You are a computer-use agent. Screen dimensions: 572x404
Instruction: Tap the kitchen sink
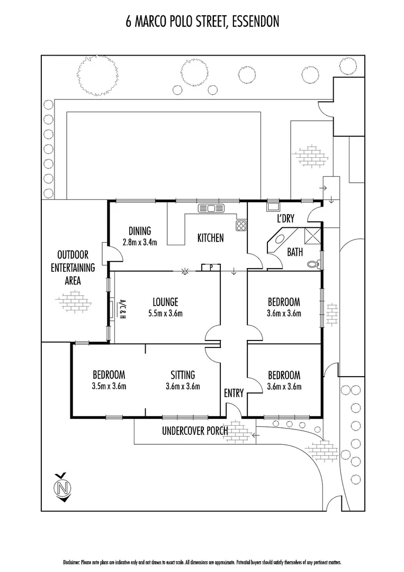click(x=211, y=208)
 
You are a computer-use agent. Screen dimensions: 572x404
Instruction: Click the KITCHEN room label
click(x=210, y=238)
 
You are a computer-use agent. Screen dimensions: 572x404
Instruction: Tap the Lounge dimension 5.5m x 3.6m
click(x=165, y=313)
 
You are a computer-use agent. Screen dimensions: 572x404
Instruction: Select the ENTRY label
click(x=234, y=393)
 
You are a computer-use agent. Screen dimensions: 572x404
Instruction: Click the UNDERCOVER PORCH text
click(x=194, y=431)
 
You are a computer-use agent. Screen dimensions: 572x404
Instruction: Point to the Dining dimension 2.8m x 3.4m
click(x=139, y=242)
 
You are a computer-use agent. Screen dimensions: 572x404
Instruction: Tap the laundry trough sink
click(x=273, y=207)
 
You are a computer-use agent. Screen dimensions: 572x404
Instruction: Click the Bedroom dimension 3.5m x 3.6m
click(x=109, y=386)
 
